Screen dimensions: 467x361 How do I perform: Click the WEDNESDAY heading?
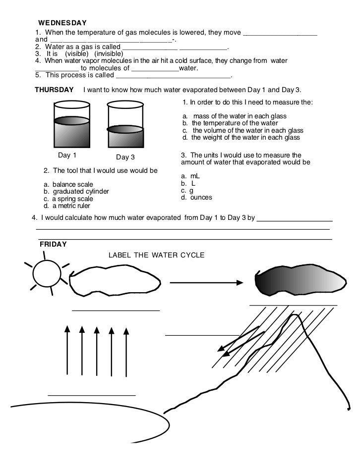coord(63,23)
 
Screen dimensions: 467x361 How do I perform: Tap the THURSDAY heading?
coord(54,90)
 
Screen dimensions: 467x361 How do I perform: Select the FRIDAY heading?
coord(54,244)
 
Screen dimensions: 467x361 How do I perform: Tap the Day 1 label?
coord(67,155)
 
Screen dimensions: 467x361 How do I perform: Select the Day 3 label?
coord(125,157)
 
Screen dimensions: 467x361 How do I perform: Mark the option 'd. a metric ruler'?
coord(67,206)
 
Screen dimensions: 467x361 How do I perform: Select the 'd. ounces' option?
coord(196,197)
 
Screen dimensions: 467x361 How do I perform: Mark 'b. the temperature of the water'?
coord(230,123)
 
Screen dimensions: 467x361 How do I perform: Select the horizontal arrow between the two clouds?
coord(206,282)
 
